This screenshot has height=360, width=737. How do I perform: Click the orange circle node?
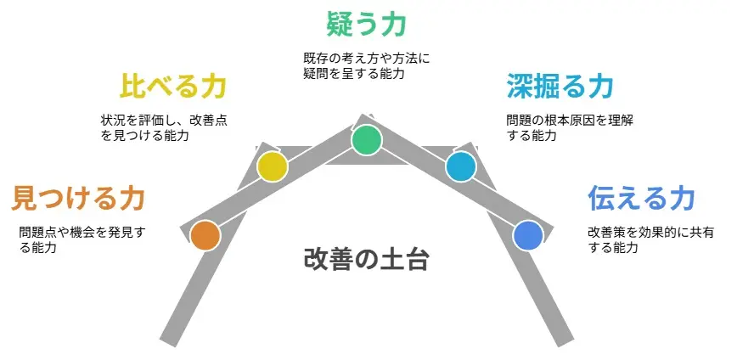coord(205,235)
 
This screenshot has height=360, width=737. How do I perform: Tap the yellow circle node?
coord(273,166)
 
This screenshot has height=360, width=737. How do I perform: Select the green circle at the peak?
coord(367,140)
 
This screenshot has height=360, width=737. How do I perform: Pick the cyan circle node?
coord(460,166)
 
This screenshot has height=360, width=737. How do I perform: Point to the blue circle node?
coord(528,235)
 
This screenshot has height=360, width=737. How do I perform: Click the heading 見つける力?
coord(77,199)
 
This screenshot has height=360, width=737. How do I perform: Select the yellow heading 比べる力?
coord(172,86)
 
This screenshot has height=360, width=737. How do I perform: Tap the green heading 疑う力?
coord(366,24)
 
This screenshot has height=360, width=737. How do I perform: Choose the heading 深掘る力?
coord(560,86)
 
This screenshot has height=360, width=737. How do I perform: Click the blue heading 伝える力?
coord(641,198)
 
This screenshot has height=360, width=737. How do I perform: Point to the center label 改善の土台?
coord(366,260)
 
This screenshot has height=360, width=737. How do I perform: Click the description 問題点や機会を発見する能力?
coord(82,239)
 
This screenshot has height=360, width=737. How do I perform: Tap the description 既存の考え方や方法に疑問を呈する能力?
coord(367,66)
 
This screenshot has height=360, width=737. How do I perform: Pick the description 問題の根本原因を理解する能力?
coord(570,128)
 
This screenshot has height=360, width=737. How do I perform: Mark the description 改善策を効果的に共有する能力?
coord(651,239)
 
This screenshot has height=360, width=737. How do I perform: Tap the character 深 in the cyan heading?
coord(520,86)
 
